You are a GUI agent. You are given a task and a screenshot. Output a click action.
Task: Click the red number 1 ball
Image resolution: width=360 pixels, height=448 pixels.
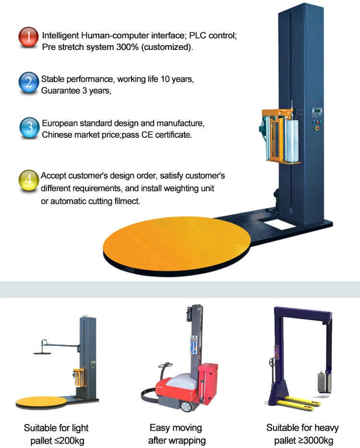click(28, 37)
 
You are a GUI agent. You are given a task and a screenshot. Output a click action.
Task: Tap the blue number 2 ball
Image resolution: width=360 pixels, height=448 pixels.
click(29, 83)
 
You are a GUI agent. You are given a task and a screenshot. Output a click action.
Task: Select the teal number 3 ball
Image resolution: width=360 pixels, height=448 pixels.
click(29, 127)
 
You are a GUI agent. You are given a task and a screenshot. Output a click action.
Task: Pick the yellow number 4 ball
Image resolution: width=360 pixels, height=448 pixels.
click(29, 180)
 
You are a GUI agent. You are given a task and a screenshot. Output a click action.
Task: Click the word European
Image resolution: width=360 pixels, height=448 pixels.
click(60, 123)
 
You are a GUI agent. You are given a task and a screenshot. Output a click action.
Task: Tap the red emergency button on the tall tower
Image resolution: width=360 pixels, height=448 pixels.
click(317, 128)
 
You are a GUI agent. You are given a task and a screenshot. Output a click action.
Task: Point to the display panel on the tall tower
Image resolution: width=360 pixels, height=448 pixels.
click(317, 111)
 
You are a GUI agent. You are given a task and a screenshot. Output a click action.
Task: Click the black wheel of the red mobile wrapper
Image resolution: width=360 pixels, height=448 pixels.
click(186, 406)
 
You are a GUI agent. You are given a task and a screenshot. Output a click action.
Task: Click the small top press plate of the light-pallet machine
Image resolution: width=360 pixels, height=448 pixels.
click(42, 353)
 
